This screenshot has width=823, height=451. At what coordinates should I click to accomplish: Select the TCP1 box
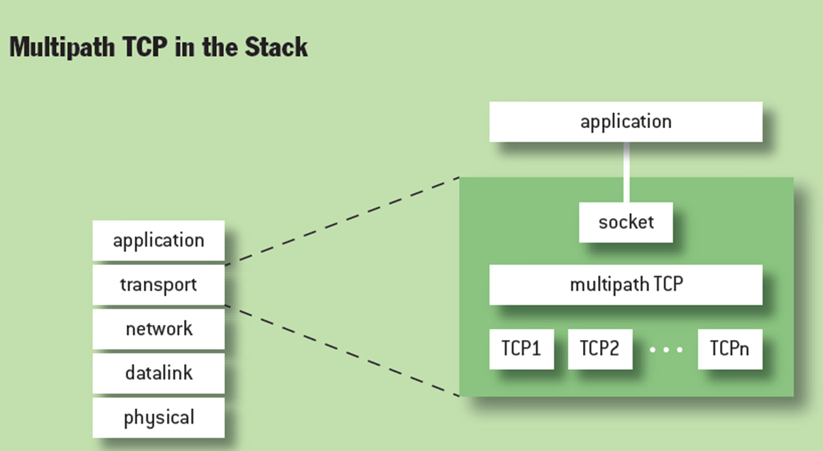pos(522,349)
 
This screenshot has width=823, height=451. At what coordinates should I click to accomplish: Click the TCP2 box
pos(600,349)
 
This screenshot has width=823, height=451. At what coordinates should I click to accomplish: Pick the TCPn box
pos(730,349)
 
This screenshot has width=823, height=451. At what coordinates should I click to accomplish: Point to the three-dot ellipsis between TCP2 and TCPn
pos(665,349)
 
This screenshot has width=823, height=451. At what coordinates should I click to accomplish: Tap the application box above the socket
pos(626,122)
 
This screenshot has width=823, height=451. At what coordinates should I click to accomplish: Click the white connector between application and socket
pos(626,172)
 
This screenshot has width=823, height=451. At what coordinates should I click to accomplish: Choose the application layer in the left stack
pos(158,240)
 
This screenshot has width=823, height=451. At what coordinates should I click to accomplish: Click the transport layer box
pos(158,284)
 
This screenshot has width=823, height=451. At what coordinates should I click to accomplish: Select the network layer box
pos(158,329)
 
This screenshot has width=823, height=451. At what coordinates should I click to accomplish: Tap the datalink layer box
pos(158,373)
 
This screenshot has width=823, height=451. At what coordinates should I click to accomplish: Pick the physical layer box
pos(158,417)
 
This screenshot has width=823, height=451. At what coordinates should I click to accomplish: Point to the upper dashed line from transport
pos(341,221)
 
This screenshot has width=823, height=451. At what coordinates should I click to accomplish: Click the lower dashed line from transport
pos(341,349)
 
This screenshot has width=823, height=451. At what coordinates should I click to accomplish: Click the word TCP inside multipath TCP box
pos(668,285)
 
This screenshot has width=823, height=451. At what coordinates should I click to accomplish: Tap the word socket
pos(626,222)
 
